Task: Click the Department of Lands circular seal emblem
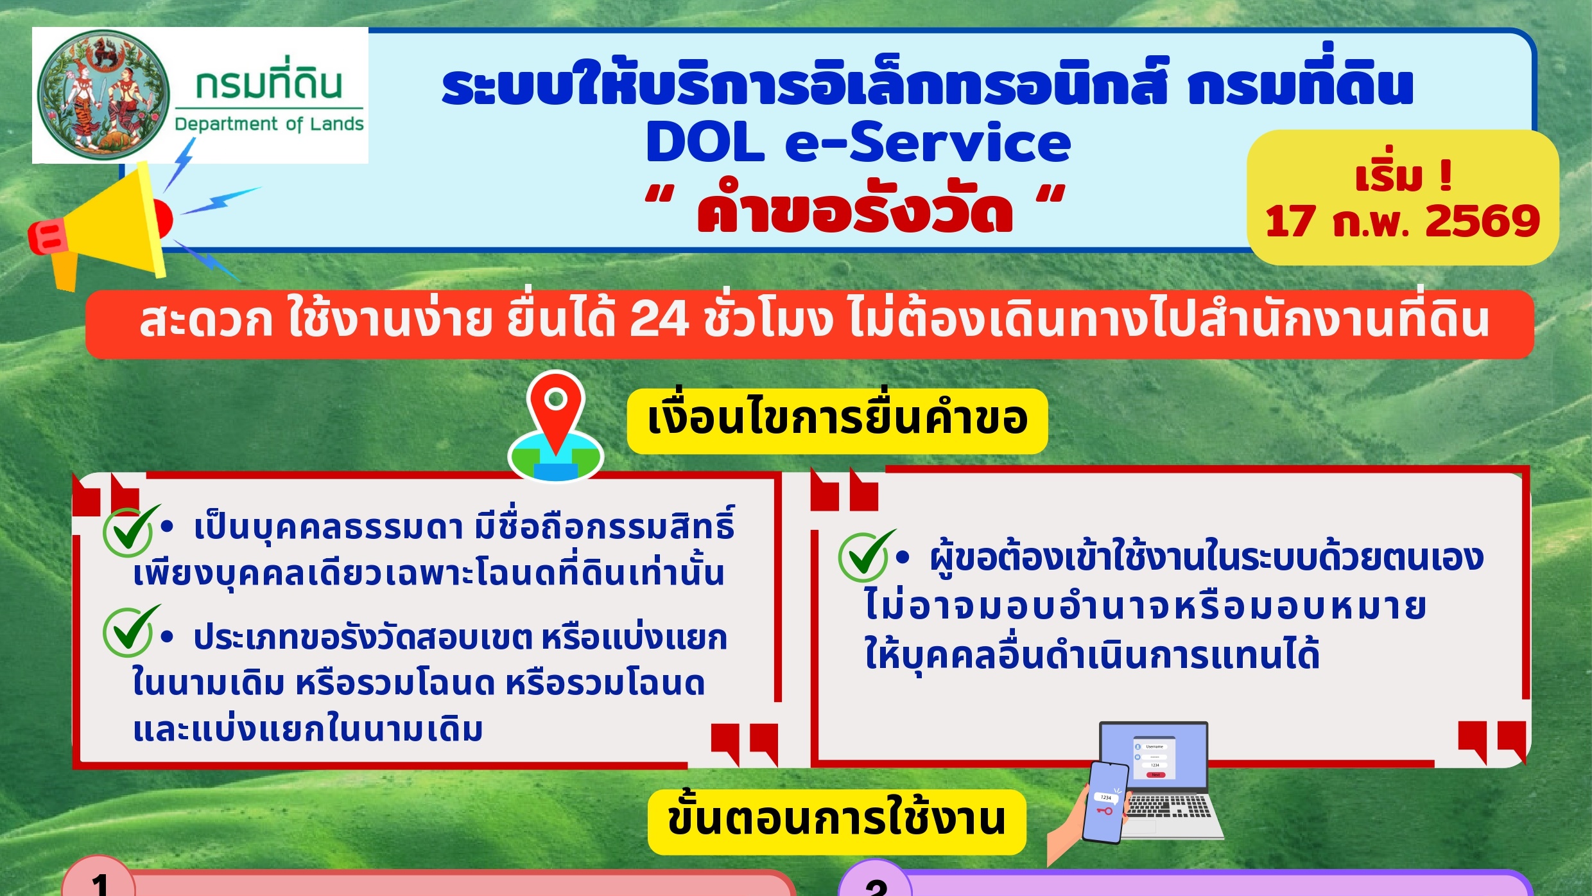tap(103, 94)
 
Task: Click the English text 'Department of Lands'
tap(269, 124)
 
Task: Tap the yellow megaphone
tap(99, 225)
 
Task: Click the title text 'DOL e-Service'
tap(858, 143)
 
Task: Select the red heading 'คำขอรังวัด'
tap(855, 208)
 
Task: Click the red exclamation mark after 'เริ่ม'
tap(1446, 175)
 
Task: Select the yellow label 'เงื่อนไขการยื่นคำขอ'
tap(837, 421)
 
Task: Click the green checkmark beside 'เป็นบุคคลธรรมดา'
tap(130, 531)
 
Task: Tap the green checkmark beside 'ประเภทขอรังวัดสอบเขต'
tap(130, 631)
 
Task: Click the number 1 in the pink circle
tap(99, 883)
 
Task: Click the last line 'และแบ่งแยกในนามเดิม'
tap(307, 730)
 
